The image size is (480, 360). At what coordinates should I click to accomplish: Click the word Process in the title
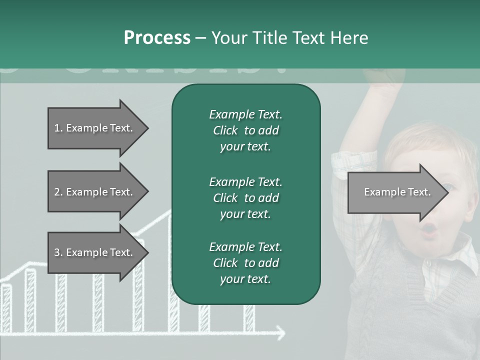pyautogui.click(x=157, y=38)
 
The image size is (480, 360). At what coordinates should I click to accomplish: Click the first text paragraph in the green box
pyautogui.click(x=245, y=130)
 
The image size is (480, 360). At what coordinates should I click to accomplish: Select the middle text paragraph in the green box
pyautogui.click(x=245, y=197)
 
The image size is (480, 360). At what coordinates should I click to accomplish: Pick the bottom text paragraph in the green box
pyautogui.click(x=245, y=263)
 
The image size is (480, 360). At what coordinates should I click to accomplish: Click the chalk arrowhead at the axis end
pyautogui.click(x=281, y=332)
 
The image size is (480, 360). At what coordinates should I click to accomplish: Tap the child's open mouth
pyautogui.click(x=429, y=230)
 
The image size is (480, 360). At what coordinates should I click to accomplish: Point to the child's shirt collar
pyautogui.click(x=450, y=260)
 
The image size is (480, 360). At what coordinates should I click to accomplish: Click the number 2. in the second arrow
pyautogui.click(x=58, y=192)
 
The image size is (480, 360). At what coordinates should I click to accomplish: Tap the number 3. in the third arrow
pyautogui.click(x=58, y=252)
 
